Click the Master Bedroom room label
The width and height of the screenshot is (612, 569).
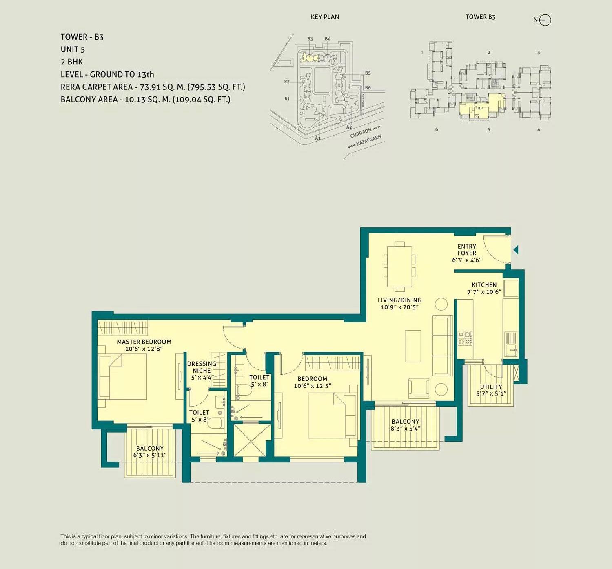pyautogui.click(x=144, y=342)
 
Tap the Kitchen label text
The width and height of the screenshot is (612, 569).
pyautogui.click(x=484, y=285)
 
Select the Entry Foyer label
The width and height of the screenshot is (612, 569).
pyautogui.click(x=467, y=250)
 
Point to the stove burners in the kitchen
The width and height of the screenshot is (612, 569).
pyautogui.click(x=465, y=338)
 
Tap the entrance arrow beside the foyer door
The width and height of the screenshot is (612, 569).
pyautogui.click(x=516, y=249)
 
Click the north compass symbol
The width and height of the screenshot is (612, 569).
pyautogui.click(x=545, y=20)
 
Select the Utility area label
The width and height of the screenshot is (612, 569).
pyautogui.click(x=491, y=387)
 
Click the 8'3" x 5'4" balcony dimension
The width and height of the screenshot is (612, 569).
pyautogui.click(x=405, y=429)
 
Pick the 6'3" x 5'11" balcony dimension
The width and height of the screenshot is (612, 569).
pyautogui.click(x=150, y=455)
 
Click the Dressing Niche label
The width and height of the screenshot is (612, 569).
pyautogui.click(x=202, y=367)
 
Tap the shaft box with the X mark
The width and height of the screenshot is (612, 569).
pyautogui.click(x=252, y=440)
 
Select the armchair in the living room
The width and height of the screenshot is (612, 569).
pyautogui.click(x=419, y=388)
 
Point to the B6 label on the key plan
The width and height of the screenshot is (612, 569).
pyautogui.click(x=368, y=88)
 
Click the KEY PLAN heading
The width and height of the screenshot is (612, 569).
pyautogui.click(x=325, y=17)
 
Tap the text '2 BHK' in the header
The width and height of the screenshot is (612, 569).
pyautogui.click(x=72, y=62)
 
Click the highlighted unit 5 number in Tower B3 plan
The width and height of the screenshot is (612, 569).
pyautogui.click(x=489, y=129)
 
